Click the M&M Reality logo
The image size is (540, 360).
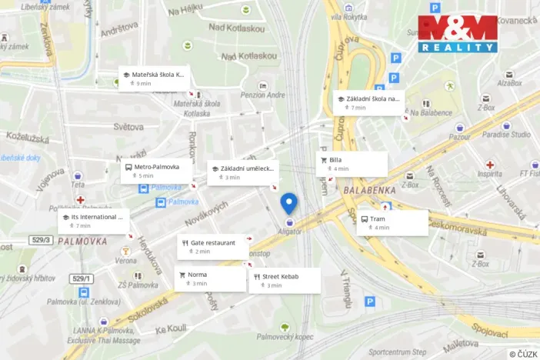457,33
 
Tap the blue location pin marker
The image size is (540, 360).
289,203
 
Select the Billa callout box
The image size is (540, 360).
352,164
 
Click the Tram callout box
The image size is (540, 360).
392,222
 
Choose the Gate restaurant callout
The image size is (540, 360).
212,246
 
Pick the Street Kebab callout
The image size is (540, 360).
284,280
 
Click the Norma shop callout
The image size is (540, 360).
209,278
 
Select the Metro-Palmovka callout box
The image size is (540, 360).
155,171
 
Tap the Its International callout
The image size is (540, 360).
94,221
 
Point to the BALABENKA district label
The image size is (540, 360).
371,190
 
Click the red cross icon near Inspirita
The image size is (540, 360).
490,164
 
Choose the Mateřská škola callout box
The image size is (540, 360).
155,78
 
